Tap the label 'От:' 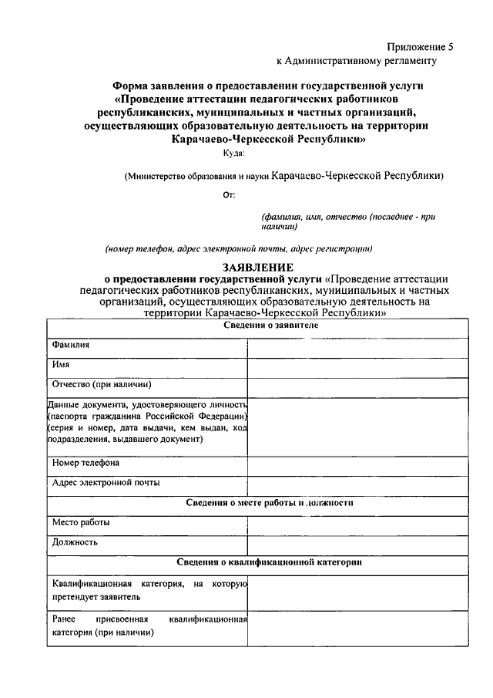pos(229,195)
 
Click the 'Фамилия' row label pos(71,345)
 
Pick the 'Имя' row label pos(61,364)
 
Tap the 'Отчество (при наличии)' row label pos(101,384)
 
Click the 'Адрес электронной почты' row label pos(106,484)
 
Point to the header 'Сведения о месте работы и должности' pos(270,503)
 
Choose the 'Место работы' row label pos(81,523)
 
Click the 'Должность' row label pos(75,542)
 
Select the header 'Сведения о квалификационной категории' pos(270,563)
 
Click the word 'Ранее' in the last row pos(63,619)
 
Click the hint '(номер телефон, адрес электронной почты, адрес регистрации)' pos(239,249)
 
